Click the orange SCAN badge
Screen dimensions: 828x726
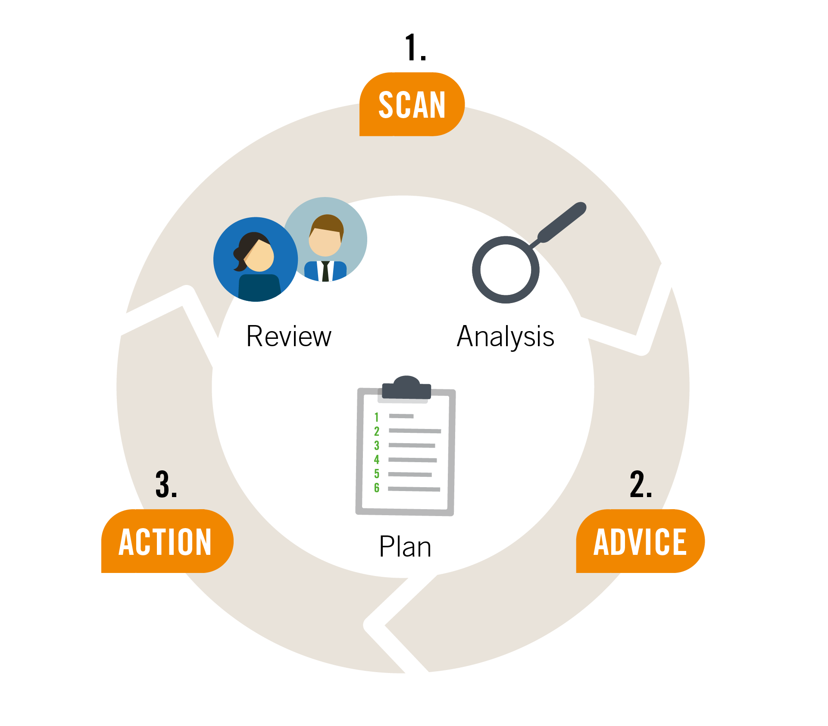coord(412,104)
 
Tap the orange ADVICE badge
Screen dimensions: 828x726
coord(641,541)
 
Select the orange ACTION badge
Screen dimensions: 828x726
coord(167,541)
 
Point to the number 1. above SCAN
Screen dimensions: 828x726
coord(416,47)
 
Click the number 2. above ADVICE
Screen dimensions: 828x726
coord(641,484)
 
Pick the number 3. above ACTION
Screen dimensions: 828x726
coord(166,484)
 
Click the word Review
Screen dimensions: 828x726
coord(289,336)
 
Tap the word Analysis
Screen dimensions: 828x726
coord(506,337)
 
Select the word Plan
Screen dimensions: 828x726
coord(405,547)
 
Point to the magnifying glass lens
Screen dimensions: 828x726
coord(506,270)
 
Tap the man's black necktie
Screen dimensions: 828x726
coord(325,271)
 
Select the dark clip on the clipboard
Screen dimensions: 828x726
coord(406,387)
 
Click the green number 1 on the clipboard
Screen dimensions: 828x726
coord(376,417)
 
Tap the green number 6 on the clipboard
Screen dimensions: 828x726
coord(377,488)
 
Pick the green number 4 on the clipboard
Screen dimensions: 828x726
coord(377,459)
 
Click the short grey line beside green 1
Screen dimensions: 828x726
coord(401,416)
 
